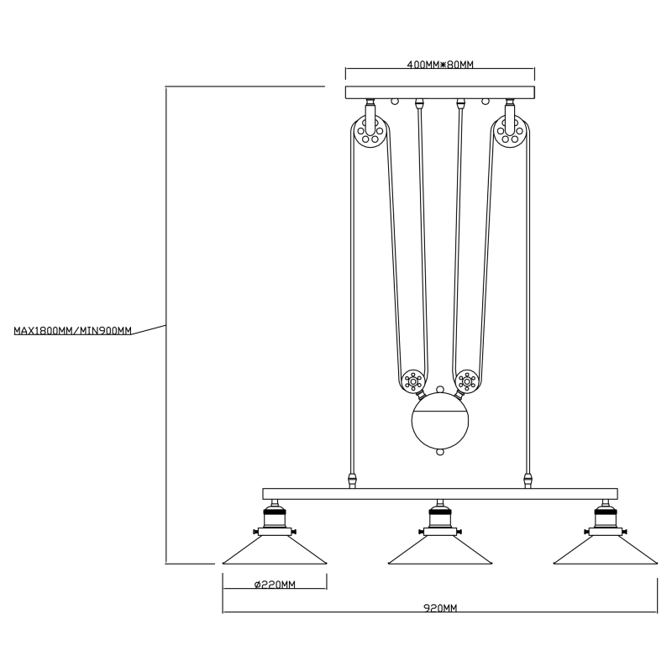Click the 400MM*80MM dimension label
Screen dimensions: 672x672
(x=440, y=65)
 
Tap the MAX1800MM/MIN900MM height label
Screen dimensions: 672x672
(x=73, y=331)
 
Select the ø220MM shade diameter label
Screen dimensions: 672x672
(x=274, y=584)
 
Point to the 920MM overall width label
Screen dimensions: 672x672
(x=440, y=607)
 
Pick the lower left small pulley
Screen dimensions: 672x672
(x=412, y=381)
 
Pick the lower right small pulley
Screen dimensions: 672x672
(x=467, y=381)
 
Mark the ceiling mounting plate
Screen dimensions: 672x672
(x=440, y=92)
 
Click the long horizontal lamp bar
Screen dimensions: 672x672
(x=440, y=494)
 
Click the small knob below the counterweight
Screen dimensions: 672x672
(x=439, y=452)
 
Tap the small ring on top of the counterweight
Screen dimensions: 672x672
(x=439, y=391)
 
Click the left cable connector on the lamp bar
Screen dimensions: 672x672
(x=353, y=481)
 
